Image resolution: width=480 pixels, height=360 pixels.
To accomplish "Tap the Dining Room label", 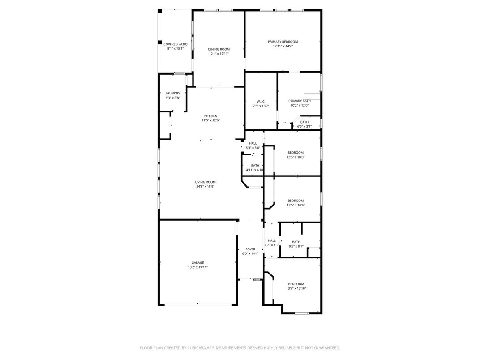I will (219, 49).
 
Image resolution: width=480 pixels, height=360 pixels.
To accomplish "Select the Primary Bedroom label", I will (283, 42).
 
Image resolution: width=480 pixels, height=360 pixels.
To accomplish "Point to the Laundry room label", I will (172, 93).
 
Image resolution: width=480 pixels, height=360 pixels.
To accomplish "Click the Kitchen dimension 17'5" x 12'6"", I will (210, 120).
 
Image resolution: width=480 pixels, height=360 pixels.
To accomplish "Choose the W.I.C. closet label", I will (261, 101).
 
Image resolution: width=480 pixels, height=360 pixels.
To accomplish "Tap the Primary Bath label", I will (299, 101).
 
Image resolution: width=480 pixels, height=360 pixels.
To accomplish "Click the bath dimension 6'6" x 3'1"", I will (304, 126).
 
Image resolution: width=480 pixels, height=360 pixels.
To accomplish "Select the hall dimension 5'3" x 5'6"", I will (253, 148).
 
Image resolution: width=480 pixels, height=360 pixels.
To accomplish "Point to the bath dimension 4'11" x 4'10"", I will (255, 170).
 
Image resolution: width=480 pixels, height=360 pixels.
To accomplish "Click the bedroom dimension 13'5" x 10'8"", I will (295, 157).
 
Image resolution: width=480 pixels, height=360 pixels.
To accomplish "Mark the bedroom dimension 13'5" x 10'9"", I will (295, 205).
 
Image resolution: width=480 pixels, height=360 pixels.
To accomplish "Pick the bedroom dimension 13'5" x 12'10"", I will (296, 288).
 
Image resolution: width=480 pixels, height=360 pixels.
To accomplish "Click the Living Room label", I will (205, 182).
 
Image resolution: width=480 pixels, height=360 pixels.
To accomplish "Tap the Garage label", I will (197, 263).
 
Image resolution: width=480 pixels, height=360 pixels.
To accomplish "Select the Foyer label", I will (250, 249).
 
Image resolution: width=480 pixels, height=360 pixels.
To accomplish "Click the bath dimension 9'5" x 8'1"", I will (296, 246).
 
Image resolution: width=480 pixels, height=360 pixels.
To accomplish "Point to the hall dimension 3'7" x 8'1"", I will (272, 245).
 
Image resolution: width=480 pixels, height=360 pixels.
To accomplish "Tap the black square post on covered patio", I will (160, 43).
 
